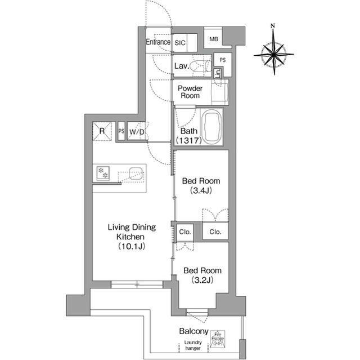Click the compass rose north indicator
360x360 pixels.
pos(273,26)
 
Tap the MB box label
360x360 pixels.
pos(213,39)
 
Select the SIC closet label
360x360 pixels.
pos(180,42)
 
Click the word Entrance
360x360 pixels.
pos(157,42)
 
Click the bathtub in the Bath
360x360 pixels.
pos(211,127)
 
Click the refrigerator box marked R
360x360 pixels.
pos(102,131)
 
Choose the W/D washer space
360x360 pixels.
pos(137,132)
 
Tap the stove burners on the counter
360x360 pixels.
pos(103,173)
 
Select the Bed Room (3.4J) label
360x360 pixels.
pos(200,185)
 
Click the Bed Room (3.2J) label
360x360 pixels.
pos(200,274)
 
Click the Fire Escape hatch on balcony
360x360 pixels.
pos(218,338)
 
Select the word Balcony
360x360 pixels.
pos(194,332)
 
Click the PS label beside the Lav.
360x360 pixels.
pos(222,60)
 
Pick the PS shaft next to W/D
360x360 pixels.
pos(121,131)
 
